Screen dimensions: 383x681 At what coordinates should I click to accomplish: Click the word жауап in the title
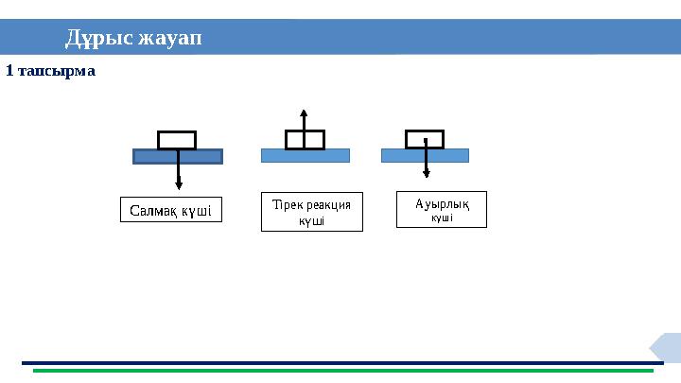click(170, 39)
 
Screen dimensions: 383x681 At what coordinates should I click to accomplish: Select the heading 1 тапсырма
click(51, 71)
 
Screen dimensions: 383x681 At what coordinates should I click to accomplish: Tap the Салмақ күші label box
click(171, 209)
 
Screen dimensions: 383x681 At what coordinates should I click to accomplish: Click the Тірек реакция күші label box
click(311, 212)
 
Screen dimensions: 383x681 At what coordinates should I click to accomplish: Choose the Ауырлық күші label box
click(441, 209)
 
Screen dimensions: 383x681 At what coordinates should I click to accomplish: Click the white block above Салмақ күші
click(177, 140)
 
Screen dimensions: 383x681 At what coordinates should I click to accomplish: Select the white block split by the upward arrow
click(305, 140)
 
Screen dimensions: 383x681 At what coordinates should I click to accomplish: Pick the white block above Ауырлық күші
click(425, 139)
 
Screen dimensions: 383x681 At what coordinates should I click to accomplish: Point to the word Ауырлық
click(442, 202)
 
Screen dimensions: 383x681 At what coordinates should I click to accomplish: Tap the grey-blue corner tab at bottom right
click(668, 346)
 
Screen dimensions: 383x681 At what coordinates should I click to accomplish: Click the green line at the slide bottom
click(340, 371)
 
